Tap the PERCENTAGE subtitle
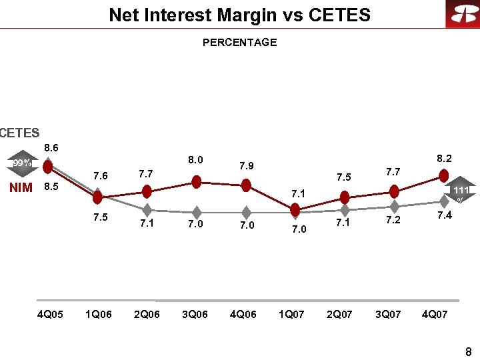tap(239, 43)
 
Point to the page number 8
tap(468, 352)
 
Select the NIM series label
tap(21, 187)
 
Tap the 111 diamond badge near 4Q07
tap(459, 191)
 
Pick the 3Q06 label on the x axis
tap(195, 315)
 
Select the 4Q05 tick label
tap(50, 315)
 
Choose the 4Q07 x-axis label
tap(435, 315)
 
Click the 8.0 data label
tap(195, 160)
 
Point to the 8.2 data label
tap(444, 159)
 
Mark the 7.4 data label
tap(444, 215)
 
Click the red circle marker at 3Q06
tap(197, 181)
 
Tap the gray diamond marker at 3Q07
tap(394, 206)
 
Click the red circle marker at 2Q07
tap(345, 197)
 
